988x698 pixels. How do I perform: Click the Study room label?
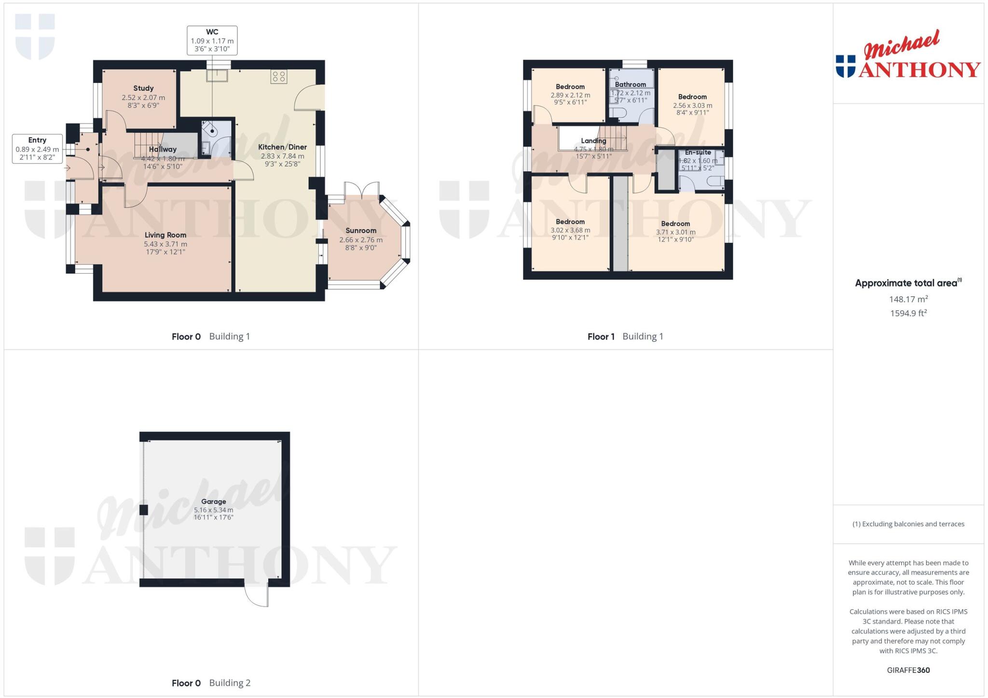(x=143, y=88)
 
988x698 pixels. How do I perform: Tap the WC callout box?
(x=212, y=41)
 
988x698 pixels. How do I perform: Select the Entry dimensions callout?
(x=37, y=149)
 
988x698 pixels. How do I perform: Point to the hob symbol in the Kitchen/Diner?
(x=279, y=76)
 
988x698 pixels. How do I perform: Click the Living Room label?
(x=165, y=235)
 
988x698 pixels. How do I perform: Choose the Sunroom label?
(x=361, y=231)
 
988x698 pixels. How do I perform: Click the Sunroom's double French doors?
(x=362, y=189)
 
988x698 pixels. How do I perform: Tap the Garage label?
(x=213, y=502)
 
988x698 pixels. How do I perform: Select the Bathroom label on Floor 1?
(x=630, y=84)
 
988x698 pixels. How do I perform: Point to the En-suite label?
(x=698, y=153)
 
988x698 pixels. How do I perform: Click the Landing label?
(x=593, y=141)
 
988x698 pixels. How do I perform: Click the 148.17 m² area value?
(x=908, y=299)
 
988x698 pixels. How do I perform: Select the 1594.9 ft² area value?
(x=908, y=313)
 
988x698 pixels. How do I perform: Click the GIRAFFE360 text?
(x=908, y=670)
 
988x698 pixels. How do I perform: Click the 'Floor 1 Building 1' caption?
(x=625, y=336)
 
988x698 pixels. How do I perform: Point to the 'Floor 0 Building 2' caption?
(x=211, y=683)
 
